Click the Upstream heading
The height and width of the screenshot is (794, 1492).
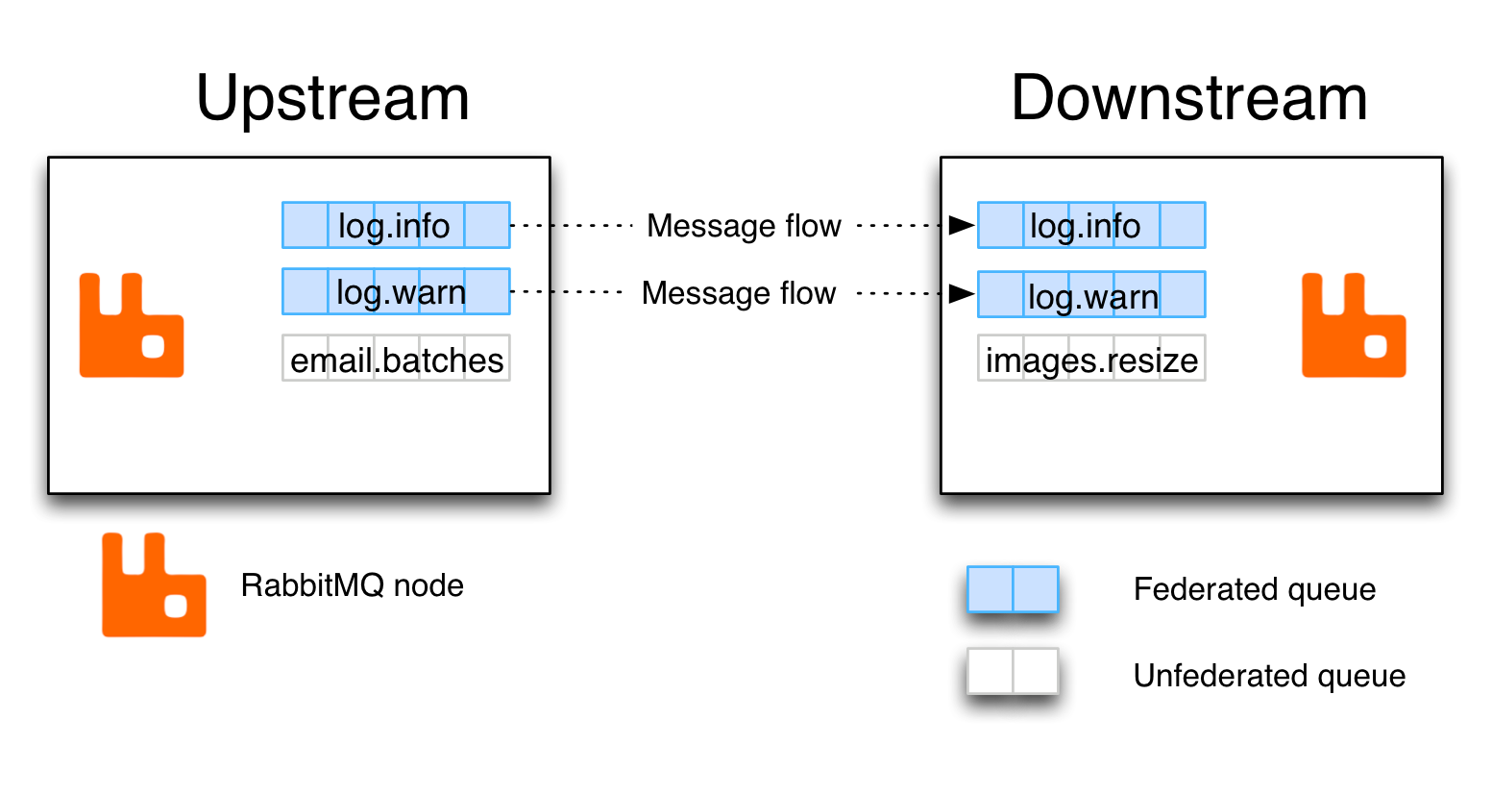point(332,99)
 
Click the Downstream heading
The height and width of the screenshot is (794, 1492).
point(1188,99)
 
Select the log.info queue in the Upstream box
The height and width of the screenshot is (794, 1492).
point(396,225)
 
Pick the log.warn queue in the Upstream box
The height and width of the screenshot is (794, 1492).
point(396,291)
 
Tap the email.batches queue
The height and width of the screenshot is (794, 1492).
point(396,359)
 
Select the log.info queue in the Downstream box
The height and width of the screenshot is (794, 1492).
point(1091,225)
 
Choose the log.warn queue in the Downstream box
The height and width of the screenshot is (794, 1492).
point(1091,295)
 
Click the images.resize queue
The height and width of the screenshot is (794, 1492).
point(1091,359)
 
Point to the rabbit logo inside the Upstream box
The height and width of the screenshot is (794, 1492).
point(132,325)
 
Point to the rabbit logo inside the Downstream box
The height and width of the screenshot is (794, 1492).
point(1354,325)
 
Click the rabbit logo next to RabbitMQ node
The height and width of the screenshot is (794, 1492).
point(154,584)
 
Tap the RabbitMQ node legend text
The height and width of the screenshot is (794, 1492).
point(352,585)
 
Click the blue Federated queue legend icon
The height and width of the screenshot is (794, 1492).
point(1013,589)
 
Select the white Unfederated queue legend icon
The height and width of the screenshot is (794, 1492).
point(1013,671)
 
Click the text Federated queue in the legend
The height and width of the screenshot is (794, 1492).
point(1254,589)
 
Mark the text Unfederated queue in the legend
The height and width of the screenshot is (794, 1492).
point(1268,676)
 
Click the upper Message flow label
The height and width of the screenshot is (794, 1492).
point(744,226)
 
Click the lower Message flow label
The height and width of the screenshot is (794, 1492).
point(738,293)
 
